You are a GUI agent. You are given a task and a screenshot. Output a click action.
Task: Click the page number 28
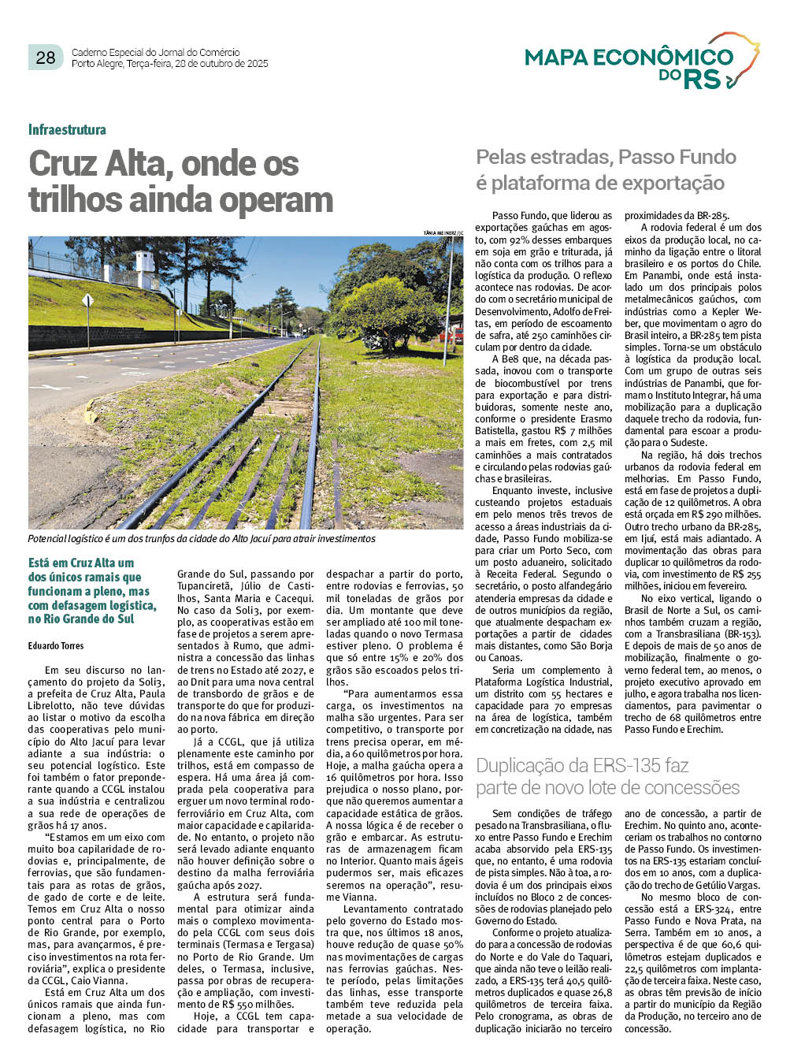(x=46, y=57)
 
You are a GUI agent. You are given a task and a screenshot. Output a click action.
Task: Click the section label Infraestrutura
(x=67, y=130)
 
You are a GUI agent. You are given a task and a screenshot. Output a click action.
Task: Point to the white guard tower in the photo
(x=144, y=269)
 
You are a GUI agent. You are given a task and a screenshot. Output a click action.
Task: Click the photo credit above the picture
(x=443, y=233)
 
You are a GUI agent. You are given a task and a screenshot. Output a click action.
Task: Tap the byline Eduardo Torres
(x=56, y=645)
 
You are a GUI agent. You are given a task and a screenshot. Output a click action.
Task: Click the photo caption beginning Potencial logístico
(x=202, y=539)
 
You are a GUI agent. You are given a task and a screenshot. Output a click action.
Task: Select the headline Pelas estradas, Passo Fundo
(x=606, y=157)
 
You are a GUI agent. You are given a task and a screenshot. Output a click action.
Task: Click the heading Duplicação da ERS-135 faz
(x=582, y=765)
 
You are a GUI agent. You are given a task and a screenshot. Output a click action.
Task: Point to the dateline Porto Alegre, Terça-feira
(x=169, y=64)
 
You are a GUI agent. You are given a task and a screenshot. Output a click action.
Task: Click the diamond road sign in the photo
(x=87, y=300)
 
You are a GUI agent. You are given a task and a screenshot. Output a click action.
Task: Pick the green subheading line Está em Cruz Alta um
(x=81, y=563)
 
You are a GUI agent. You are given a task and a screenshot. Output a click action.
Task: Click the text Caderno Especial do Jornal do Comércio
(x=155, y=52)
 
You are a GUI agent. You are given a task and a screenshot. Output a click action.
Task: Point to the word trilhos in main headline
(x=76, y=199)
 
